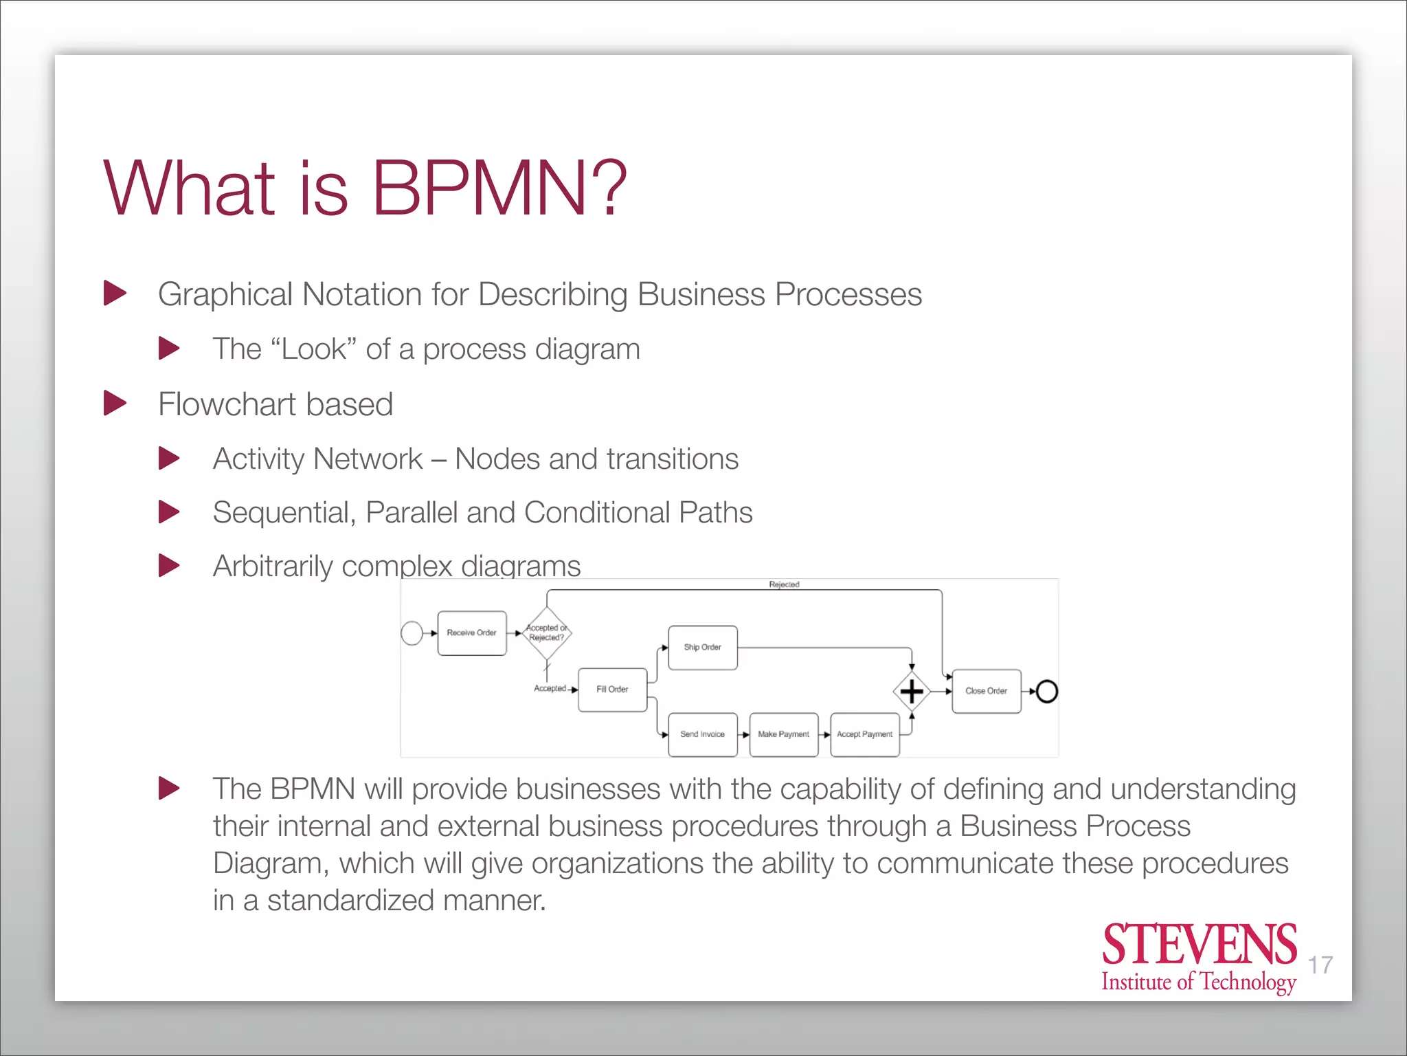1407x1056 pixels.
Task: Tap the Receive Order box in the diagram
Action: click(x=472, y=633)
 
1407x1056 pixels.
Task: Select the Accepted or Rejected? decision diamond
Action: click(x=547, y=633)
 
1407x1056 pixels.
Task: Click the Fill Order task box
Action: click(x=612, y=690)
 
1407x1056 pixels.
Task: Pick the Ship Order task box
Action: click(x=702, y=648)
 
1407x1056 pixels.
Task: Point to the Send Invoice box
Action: click(x=702, y=734)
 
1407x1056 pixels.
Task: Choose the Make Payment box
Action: click(x=783, y=734)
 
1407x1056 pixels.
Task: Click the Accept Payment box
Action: click(x=864, y=734)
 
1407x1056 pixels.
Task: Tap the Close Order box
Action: click(x=986, y=691)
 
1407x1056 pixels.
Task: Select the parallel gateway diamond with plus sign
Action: click(x=912, y=691)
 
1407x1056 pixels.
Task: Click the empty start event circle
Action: click(x=412, y=633)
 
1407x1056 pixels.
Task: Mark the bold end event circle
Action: click(x=1046, y=691)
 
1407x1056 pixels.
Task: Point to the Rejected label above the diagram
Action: click(x=784, y=584)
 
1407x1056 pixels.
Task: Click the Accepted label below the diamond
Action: click(x=550, y=688)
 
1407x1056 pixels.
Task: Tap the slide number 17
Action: click(x=1320, y=965)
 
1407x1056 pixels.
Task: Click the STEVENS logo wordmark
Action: click(x=1199, y=945)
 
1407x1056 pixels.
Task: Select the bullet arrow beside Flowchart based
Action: click(x=115, y=404)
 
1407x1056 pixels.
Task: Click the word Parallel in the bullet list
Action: click(x=412, y=513)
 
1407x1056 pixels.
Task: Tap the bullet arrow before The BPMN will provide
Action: click(x=169, y=788)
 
